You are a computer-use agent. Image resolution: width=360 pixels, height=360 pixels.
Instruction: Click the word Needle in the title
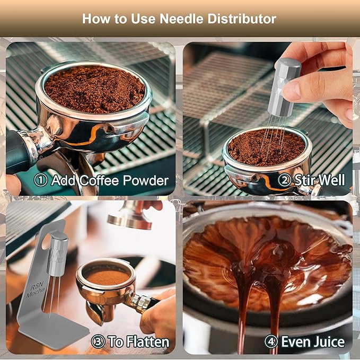tap(181, 19)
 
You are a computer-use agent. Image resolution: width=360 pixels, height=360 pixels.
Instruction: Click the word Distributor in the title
tap(242, 19)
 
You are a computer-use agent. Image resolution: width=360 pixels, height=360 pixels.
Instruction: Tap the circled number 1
tap(41, 180)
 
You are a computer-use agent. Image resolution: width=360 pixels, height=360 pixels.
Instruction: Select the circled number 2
tap(285, 180)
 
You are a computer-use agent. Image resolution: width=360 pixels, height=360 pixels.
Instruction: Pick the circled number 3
tap(98, 341)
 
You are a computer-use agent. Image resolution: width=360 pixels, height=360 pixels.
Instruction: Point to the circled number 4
tap(271, 341)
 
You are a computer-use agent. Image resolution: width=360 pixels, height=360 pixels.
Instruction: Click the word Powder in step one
tap(146, 180)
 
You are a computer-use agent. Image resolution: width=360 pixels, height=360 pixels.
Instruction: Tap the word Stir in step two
tap(304, 180)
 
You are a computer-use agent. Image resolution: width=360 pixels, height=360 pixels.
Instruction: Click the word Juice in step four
tap(329, 341)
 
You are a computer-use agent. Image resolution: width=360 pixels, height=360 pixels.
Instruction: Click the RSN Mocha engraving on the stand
tap(36, 289)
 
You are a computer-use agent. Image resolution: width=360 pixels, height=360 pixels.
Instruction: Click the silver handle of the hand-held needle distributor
tap(285, 87)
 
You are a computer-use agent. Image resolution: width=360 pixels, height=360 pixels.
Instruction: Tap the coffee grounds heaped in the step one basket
tap(94, 89)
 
